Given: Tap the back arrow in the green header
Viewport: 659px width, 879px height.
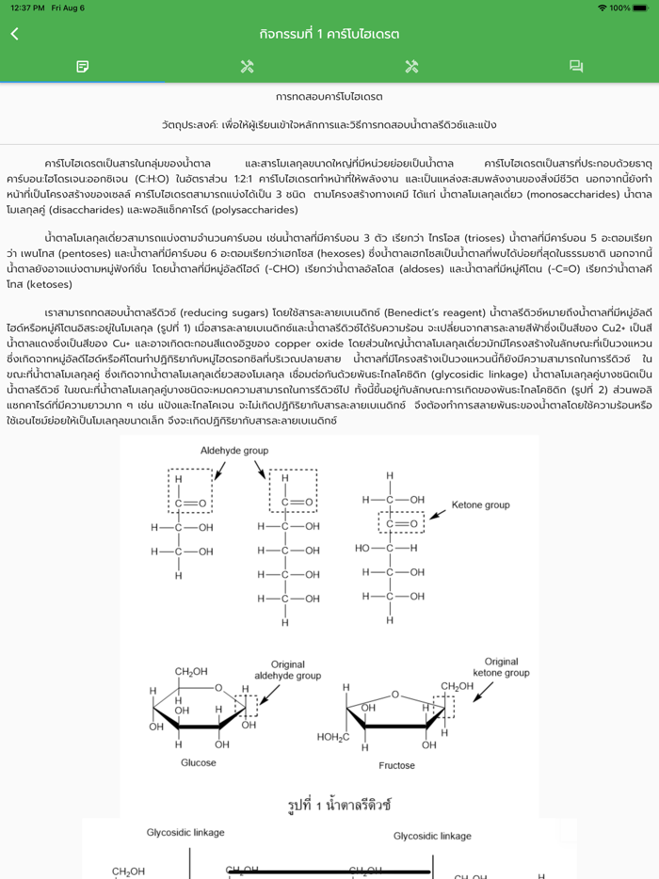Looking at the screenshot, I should [14, 34].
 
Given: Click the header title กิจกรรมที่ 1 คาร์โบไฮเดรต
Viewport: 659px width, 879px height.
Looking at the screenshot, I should [329, 34].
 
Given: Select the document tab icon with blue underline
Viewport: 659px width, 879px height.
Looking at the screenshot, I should [83, 66].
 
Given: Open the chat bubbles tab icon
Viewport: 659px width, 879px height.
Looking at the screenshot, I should [576, 66].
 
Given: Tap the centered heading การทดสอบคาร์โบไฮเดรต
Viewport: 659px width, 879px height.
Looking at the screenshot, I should [329, 97].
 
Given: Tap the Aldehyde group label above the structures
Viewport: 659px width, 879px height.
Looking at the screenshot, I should [234, 451].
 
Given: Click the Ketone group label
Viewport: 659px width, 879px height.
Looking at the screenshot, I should [480, 505].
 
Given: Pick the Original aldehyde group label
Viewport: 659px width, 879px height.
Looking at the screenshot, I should [287, 670].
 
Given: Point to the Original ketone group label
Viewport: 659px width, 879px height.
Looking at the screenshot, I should [501, 667].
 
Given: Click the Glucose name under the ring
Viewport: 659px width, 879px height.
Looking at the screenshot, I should [198, 762].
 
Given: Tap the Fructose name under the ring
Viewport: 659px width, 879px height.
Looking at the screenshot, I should [396, 765].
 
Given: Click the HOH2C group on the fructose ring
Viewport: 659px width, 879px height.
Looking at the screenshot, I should [333, 736].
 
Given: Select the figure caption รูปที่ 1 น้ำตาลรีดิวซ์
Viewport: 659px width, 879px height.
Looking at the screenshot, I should [339, 806].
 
